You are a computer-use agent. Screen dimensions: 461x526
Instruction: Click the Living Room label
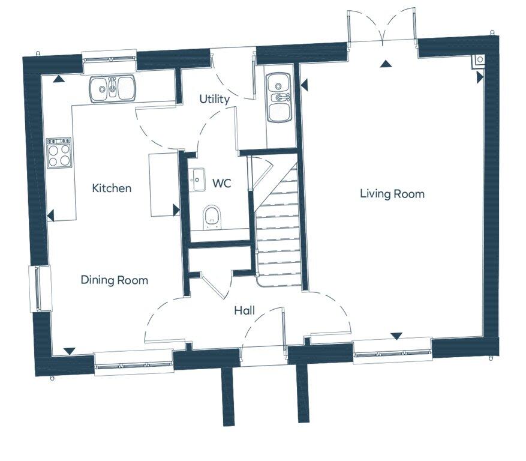tap(392, 194)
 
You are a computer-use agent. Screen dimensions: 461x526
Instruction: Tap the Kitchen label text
tap(111, 188)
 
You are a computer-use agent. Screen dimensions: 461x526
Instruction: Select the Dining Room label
tap(114, 280)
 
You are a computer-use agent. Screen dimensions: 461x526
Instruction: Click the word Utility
tap(215, 99)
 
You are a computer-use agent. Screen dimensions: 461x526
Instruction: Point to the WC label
tap(223, 184)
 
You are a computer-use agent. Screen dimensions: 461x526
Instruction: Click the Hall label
tap(244, 311)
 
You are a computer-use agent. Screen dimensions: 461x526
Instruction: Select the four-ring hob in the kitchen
tap(59, 153)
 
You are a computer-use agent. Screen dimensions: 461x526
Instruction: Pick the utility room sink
tap(278, 97)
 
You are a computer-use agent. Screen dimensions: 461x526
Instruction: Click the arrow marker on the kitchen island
tap(176, 209)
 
